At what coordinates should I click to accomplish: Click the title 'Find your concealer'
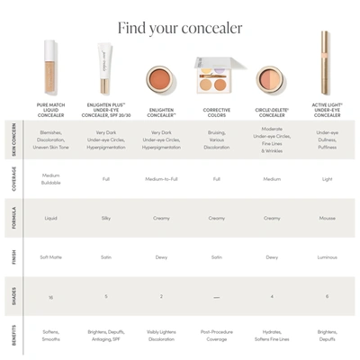tap(180, 28)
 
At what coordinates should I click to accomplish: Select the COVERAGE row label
tap(13, 178)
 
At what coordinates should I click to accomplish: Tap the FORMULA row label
tap(13, 217)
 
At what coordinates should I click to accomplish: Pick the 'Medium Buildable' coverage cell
tap(50, 178)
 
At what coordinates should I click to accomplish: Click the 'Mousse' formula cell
tap(327, 217)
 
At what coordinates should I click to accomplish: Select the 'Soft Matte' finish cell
tap(50, 256)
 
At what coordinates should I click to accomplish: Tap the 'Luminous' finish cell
tap(327, 256)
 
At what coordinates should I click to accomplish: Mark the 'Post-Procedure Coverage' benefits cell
tap(217, 336)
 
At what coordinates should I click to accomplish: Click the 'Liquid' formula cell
tap(50, 217)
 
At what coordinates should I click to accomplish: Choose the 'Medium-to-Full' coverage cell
tap(162, 178)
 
